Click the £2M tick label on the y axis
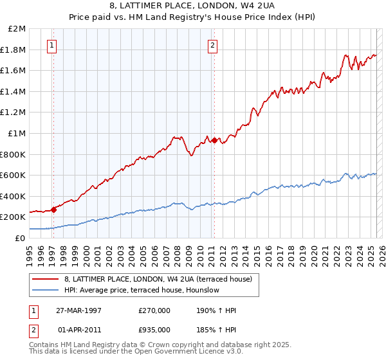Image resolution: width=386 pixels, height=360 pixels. (17, 29)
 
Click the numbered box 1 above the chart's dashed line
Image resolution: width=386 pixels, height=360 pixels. (51, 45)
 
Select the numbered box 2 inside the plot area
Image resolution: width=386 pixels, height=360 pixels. (212, 45)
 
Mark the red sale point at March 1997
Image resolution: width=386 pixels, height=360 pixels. (54, 210)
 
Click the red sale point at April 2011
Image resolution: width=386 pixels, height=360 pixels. (214, 140)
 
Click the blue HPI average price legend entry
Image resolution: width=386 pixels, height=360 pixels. (142, 290)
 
